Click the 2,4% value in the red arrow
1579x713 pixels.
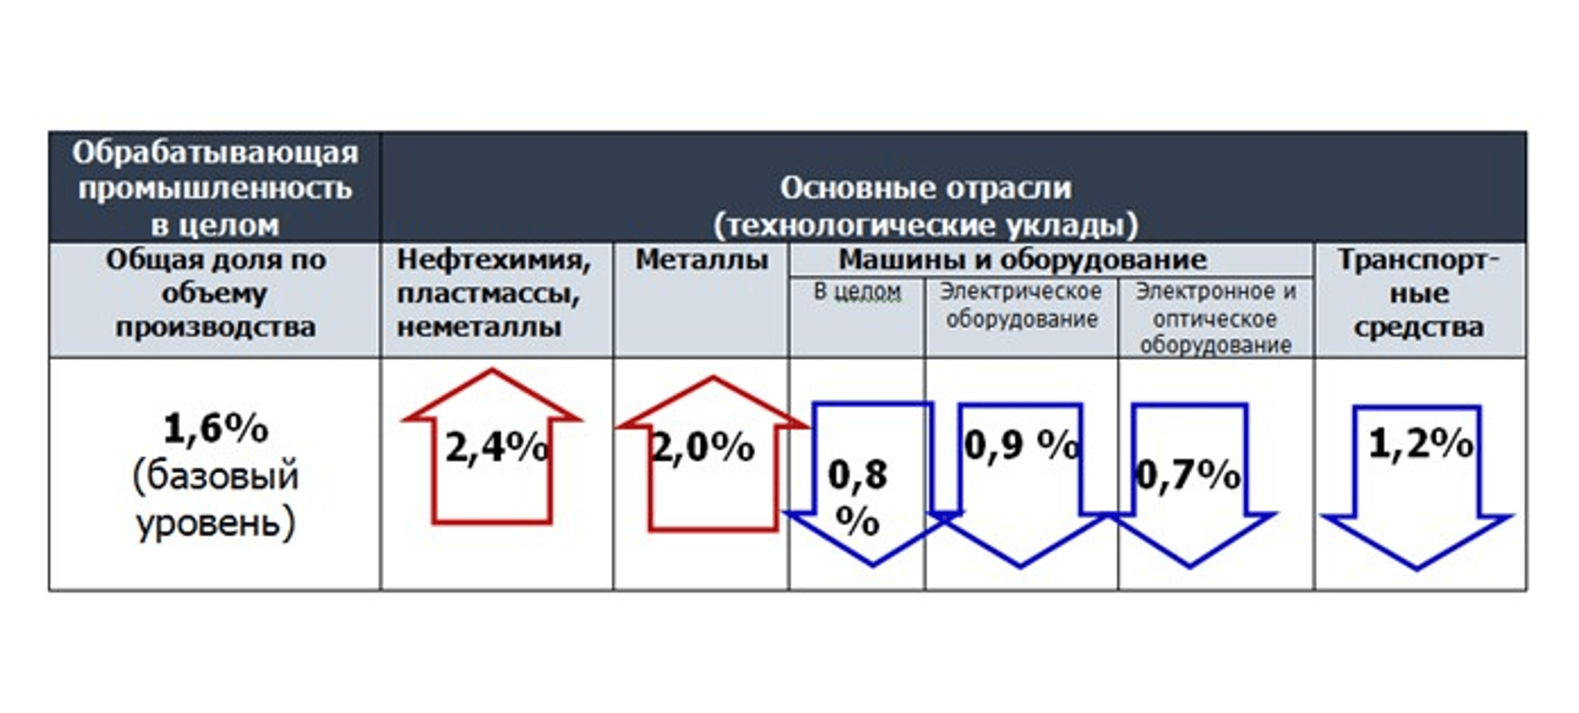point(496,447)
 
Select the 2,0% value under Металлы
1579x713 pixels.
point(703,447)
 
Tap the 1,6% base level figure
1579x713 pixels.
point(216,429)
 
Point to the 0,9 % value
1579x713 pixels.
point(1022,445)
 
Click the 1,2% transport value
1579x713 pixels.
point(1421,443)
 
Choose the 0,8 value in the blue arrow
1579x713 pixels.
point(858,474)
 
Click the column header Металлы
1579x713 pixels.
point(701,260)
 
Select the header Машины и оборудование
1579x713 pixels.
point(1022,260)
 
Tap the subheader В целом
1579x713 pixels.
point(858,292)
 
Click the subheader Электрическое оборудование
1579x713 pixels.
point(1021,305)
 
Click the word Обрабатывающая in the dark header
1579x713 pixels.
point(215,153)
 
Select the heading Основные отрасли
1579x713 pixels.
point(926,188)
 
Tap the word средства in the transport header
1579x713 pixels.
point(1419,328)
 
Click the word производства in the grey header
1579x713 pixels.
point(215,328)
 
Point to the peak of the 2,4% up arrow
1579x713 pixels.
point(491,369)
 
